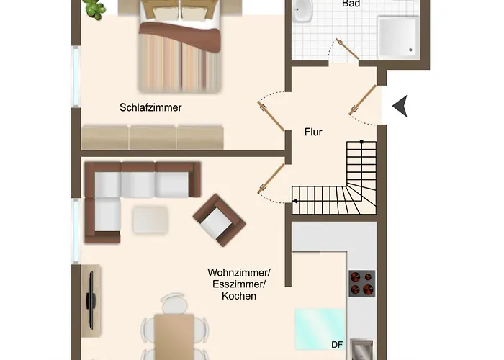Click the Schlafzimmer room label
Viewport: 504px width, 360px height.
(x=150, y=107)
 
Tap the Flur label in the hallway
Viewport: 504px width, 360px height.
(x=313, y=132)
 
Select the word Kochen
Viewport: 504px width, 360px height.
(x=239, y=296)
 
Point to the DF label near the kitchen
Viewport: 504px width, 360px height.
(x=337, y=345)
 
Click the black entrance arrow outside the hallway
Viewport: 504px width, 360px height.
(x=400, y=106)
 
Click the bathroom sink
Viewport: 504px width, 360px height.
(x=302, y=11)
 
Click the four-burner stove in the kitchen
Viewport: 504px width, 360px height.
(x=362, y=283)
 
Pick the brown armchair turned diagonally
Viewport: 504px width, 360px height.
(x=219, y=220)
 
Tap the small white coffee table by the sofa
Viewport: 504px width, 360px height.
(x=150, y=219)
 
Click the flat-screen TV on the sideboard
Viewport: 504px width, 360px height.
(x=91, y=300)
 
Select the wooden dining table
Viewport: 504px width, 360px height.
(x=174, y=337)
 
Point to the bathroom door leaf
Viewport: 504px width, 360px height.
(x=347, y=49)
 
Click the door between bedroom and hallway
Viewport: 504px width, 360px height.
(x=271, y=116)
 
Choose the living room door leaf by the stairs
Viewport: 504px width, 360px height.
(x=271, y=179)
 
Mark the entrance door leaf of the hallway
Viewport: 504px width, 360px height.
(x=363, y=99)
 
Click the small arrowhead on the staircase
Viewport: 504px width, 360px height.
(x=294, y=201)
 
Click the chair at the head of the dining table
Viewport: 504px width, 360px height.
(x=174, y=303)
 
